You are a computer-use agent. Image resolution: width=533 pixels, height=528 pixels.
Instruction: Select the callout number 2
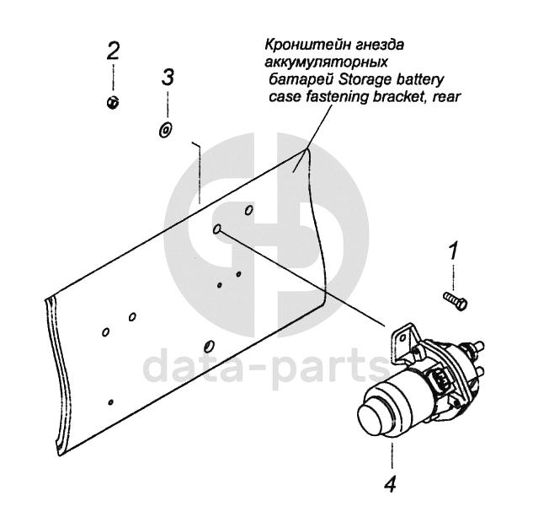coord(113,51)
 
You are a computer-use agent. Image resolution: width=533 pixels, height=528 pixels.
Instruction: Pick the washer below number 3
coord(166,130)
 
